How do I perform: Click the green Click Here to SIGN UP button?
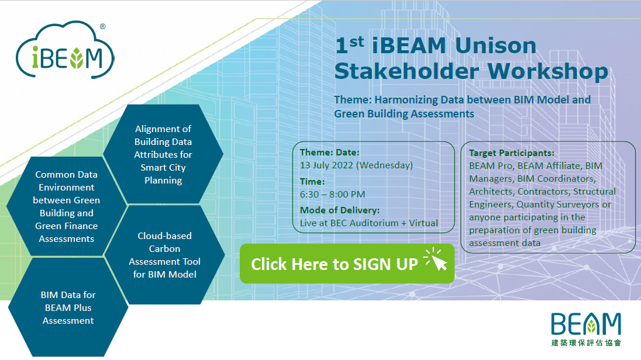click(347, 264)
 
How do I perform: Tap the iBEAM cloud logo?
click(65, 50)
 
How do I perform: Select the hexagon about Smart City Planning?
click(163, 154)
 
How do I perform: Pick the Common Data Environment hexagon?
click(66, 206)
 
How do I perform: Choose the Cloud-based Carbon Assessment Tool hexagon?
click(164, 255)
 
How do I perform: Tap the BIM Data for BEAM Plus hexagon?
click(68, 307)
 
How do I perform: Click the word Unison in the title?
click(495, 46)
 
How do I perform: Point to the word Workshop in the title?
click(548, 71)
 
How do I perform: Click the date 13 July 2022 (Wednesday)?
click(356, 165)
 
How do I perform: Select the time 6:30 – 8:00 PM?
click(332, 195)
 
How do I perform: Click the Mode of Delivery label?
click(340, 210)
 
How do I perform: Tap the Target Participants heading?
click(511, 153)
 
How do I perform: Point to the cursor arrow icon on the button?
click(436, 260)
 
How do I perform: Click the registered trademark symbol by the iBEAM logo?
click(102, 26)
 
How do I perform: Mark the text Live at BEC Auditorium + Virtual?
click(368, 223)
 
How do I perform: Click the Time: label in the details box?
click(312, 181)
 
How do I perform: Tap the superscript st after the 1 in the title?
click(357, 41)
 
